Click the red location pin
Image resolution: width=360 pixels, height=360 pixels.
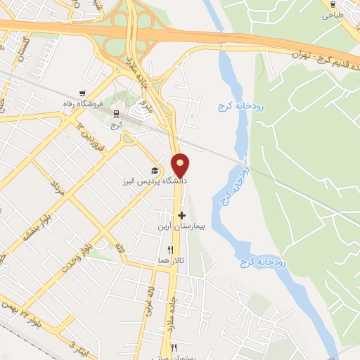tap(181, 165)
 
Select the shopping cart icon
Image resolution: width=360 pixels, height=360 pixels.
tap(84, 93)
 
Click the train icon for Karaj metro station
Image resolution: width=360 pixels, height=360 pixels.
tap(115, 114)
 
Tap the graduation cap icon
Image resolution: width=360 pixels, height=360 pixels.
tap(154, 171)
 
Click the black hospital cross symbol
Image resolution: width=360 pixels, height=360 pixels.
tap(181, 215)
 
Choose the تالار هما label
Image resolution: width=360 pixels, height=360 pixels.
tap(171, 261)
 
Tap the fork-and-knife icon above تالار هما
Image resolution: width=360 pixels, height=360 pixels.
tap(169, 250)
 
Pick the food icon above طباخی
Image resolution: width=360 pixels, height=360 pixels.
tap(331, 4)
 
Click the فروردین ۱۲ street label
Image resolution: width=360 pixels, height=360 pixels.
tap(89, 138)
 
